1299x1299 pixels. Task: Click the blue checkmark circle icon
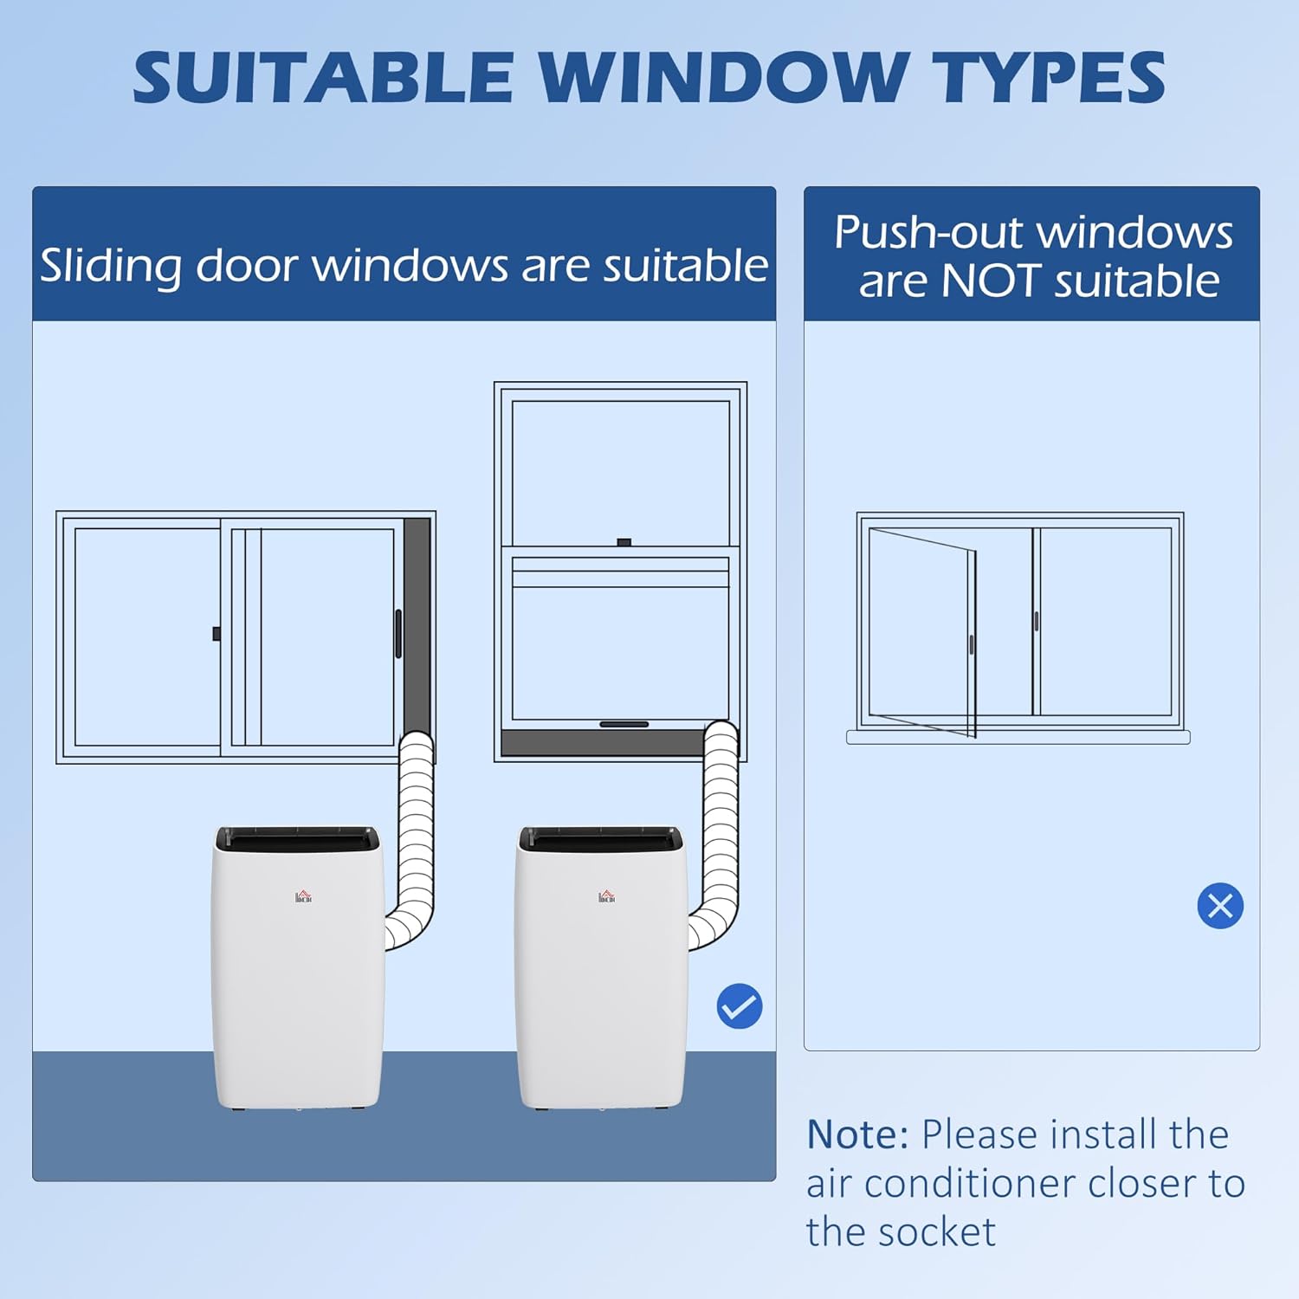coord(740,1006)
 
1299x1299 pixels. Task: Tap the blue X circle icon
coord(1220,906)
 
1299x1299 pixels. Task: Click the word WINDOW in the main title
coord(724,77)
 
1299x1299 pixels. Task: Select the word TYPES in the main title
coord(1051,77)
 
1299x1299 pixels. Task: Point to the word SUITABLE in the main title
coord(323,77)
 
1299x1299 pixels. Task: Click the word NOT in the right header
coord(991,281)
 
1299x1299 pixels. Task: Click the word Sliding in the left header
coord(111,266)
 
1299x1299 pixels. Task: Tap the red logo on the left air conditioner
coord(303,896)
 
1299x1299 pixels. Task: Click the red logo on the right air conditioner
coord(606,896)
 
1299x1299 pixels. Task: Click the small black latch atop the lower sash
coord(624,543)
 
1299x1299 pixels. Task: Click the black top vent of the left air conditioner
coord(297,837)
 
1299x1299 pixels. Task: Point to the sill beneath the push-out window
coord(1018,737)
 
